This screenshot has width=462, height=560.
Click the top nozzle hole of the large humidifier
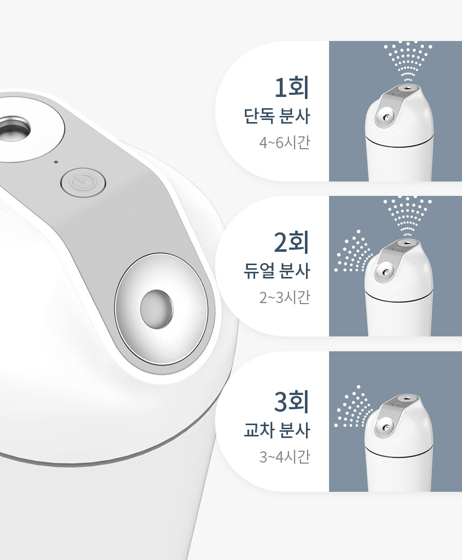[13, 130]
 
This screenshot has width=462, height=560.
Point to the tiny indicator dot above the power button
[56, 162]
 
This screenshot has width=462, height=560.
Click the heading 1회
[291, 87]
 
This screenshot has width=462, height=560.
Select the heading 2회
[291, 242]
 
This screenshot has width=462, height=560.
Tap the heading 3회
[291, 402]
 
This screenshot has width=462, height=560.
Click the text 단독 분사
[276, 116]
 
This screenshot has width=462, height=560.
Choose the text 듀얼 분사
[276, 271]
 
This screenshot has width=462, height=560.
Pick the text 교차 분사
[276, 430]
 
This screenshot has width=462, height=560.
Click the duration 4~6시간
[284, 143]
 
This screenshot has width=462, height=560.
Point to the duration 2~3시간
[284, 297]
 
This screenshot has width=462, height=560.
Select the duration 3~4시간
[284, 456]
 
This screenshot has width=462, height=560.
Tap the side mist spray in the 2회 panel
[353, 251]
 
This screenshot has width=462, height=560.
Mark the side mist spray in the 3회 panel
[353, 407]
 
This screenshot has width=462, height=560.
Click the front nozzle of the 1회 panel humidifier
[385, 117]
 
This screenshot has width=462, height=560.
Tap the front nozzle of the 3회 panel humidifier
[385, 427]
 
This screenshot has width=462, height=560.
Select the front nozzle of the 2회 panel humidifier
[385, 272]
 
